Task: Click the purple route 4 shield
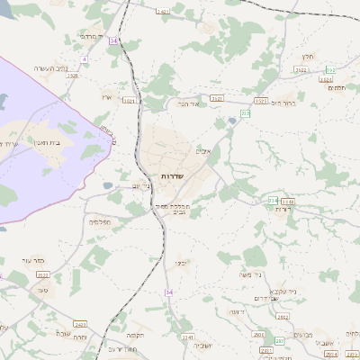(x=84, y=59)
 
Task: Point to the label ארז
(x=107, y=96)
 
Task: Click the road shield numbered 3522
(x=301, y=69)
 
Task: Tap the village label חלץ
(x=308, y=56)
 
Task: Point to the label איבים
(x=203, y=150)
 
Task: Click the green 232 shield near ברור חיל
(x=329, y=69)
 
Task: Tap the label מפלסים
(x=100, y=220)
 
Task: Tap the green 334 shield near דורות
(x=273, y=200)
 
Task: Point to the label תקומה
(x=135, y=334)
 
